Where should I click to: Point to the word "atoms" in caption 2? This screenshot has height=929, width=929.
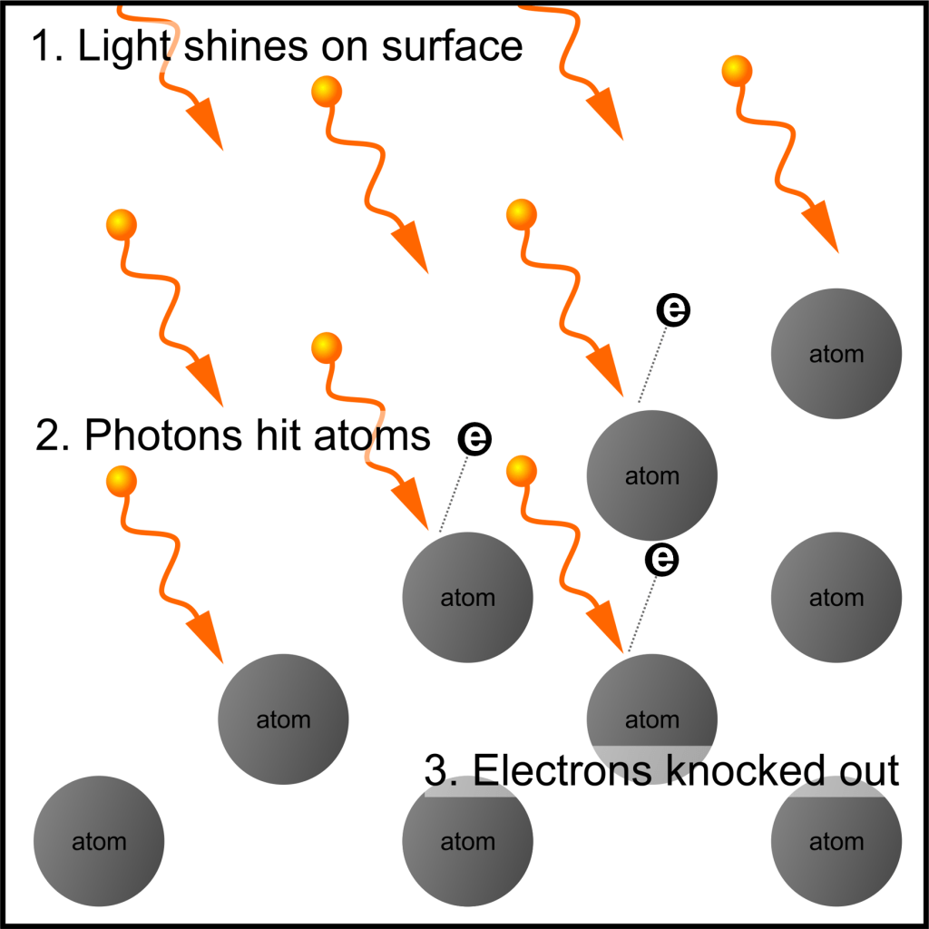pyautogui.click(x=373, y=435)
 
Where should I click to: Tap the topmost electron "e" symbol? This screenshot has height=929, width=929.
pyautogui.click(x=673, y=310)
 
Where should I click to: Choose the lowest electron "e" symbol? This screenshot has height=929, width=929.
pyautogui.click(x=662, y=559)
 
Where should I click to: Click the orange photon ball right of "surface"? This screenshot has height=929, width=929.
pyautogui.click(x=736, y=69)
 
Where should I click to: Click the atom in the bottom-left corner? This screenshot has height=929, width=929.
pyautogui.click(x=99, y=841)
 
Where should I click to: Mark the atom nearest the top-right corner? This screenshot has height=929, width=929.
pyautogui.click(x=836, y=354)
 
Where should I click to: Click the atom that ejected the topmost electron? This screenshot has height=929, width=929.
pyautogui.click(x=652, y=475)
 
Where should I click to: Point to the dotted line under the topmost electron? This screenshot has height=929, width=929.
pyautogui.click(x=653, y=363)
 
